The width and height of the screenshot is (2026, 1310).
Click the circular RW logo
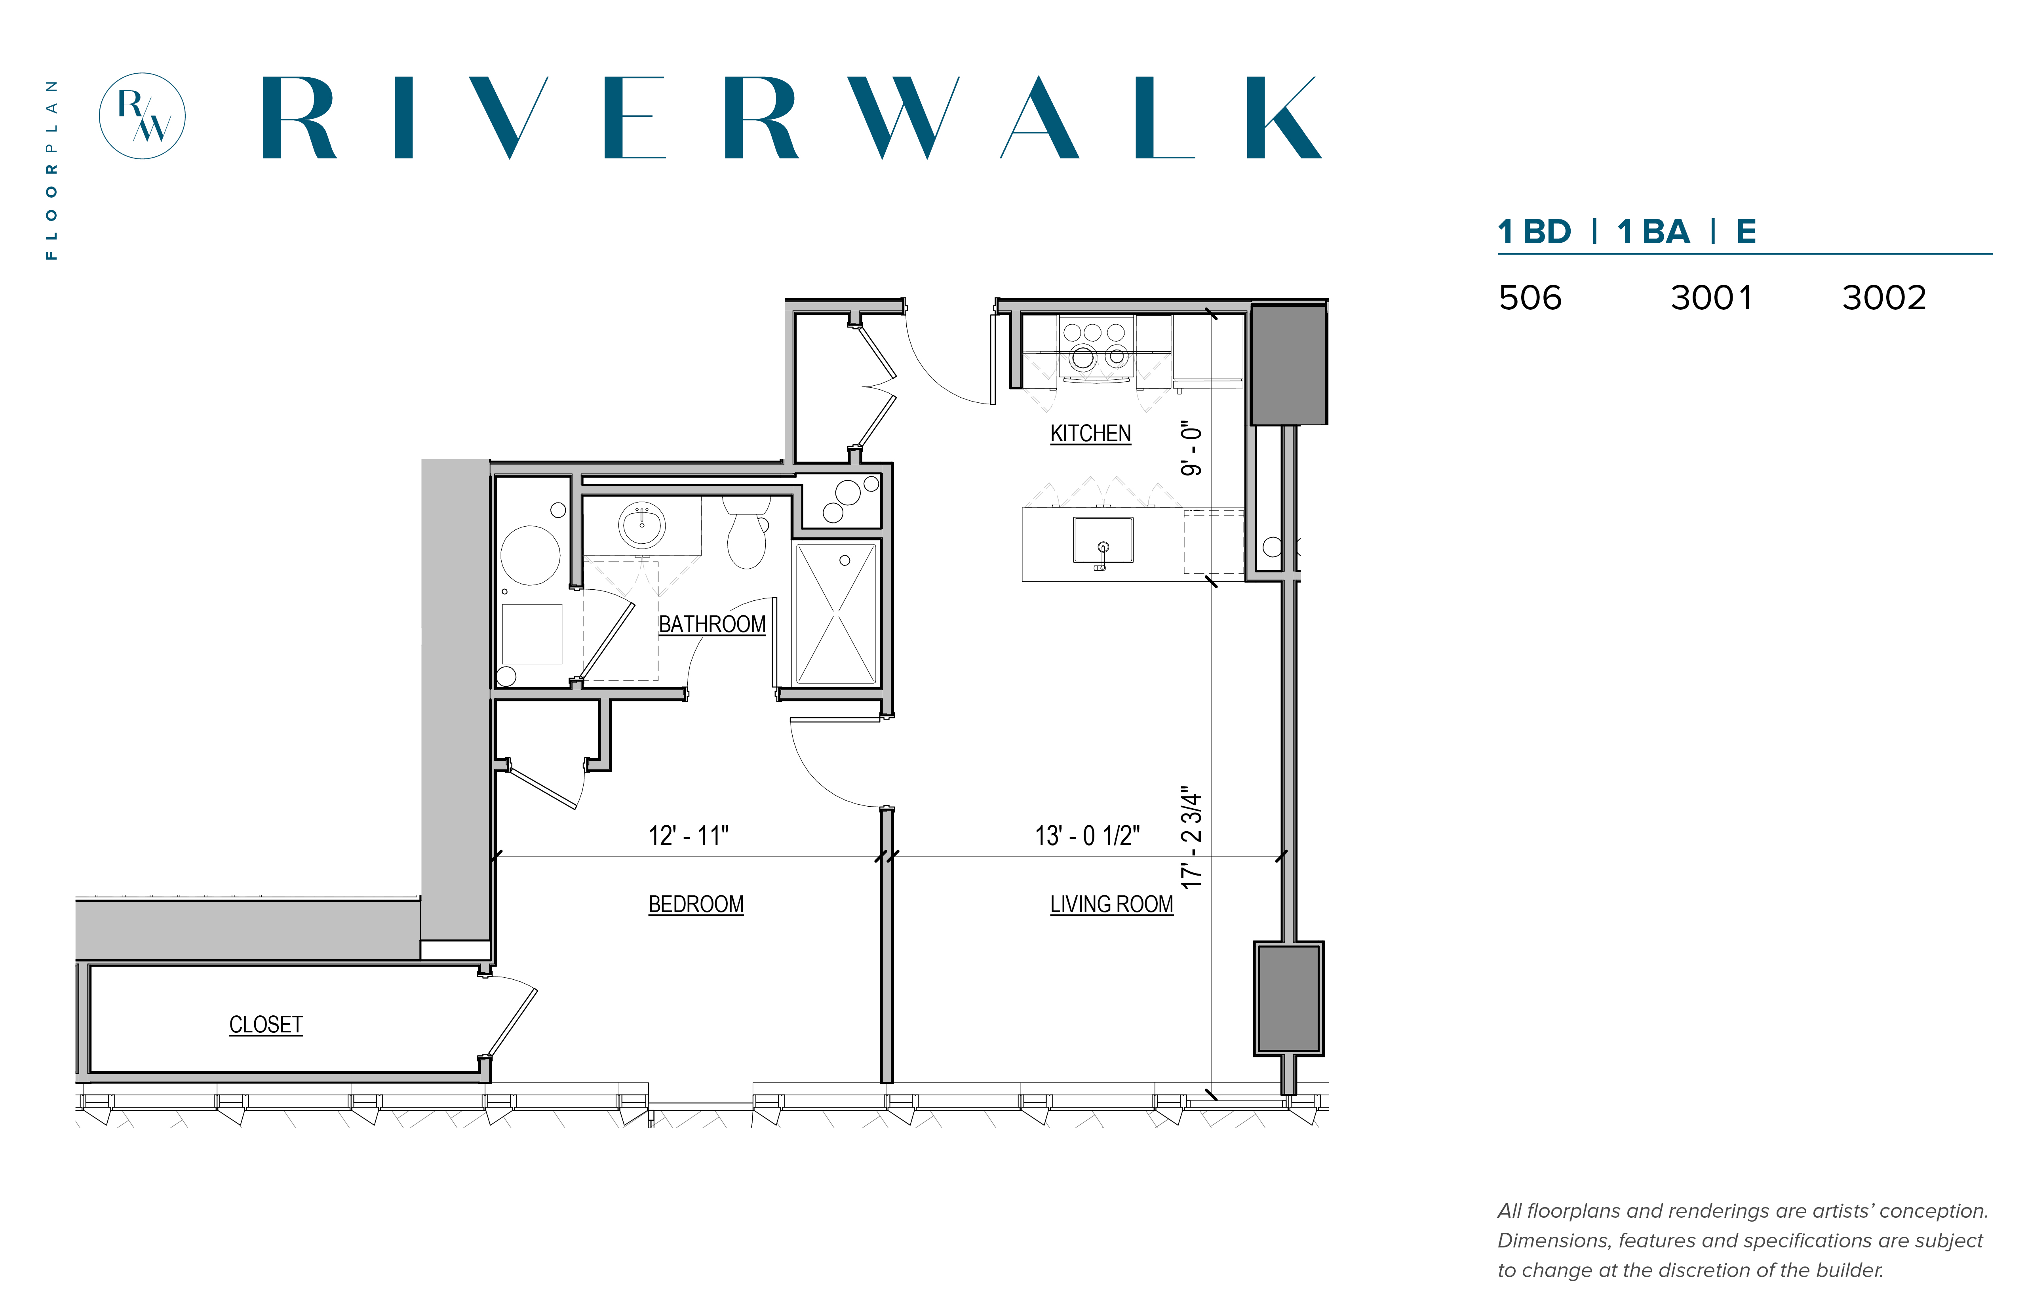(142, 116)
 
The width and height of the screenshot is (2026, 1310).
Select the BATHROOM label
(712, 625)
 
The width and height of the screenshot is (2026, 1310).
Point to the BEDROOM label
(696, 904)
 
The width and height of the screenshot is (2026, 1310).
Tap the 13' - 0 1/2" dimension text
(1087, 835)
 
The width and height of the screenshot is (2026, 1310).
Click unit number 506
(1530, 298)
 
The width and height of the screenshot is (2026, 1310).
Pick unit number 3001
(1711, 298)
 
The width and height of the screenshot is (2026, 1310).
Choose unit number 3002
(1884, 298)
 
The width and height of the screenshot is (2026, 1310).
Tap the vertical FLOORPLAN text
(52, 170)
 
